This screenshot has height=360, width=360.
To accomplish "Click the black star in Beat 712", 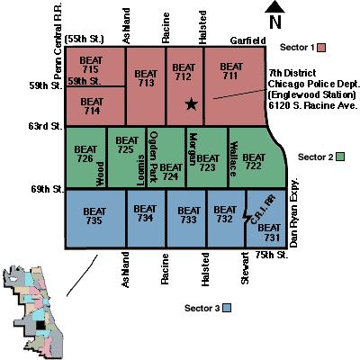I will [x=191, y=104].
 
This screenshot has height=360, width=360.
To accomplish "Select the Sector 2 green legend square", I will [x=339, y=157].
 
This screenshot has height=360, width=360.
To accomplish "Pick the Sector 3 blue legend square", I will [x=229, y=308].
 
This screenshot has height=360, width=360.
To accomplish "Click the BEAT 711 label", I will [x=231, y=71].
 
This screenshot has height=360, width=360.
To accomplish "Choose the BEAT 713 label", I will [x=144, y=80].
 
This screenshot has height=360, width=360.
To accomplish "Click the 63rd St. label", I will [x=43, y=130].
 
